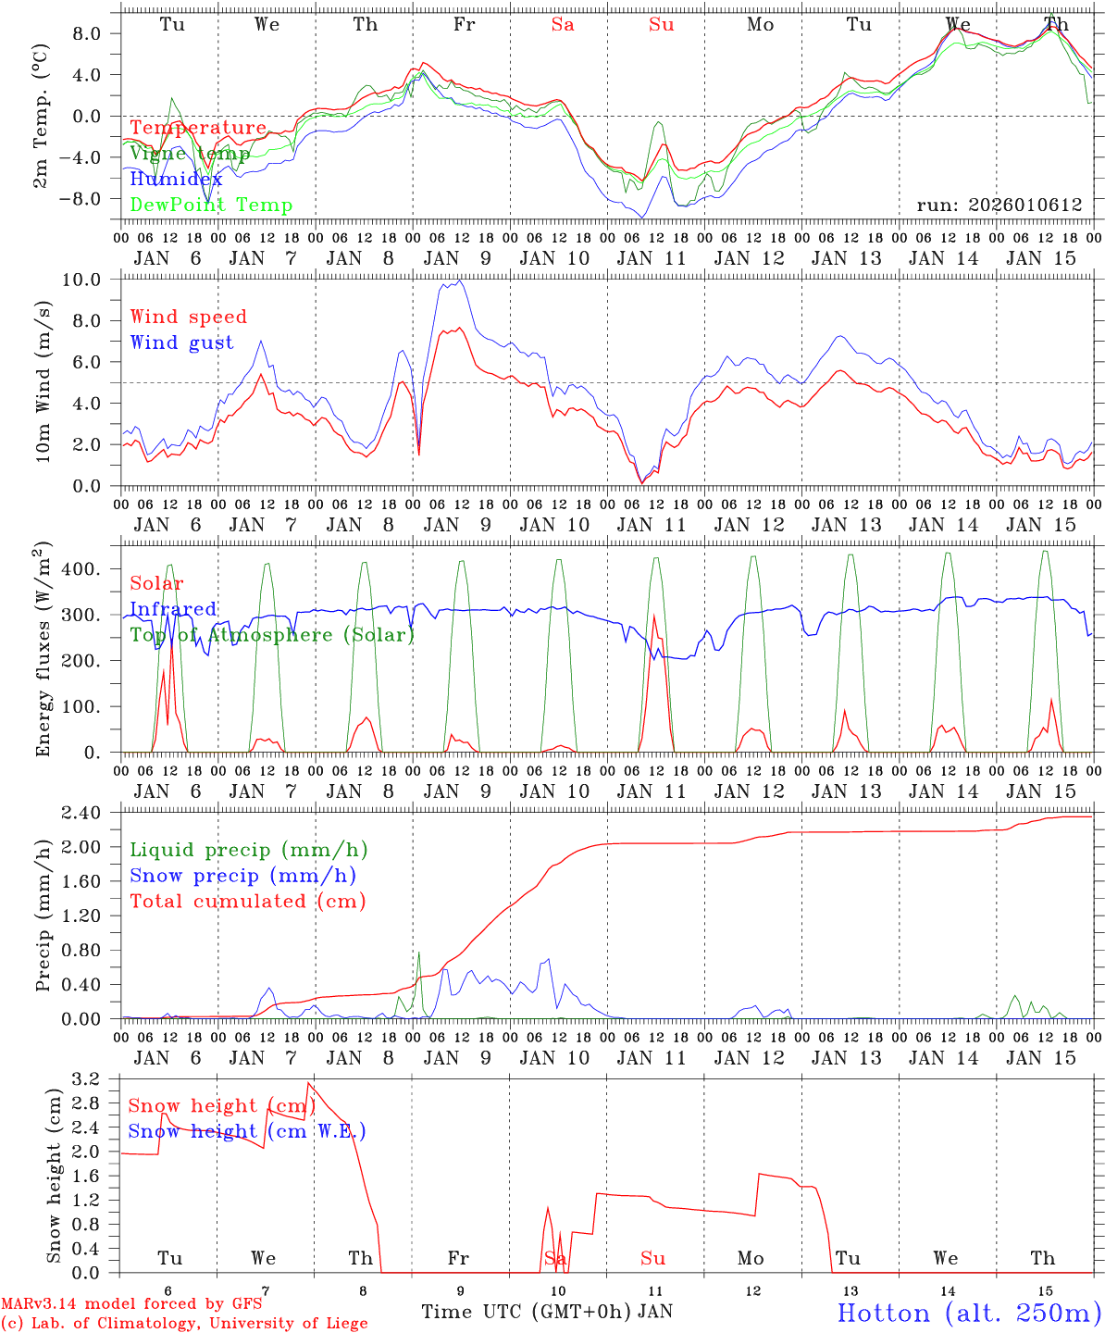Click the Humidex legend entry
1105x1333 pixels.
[176, 179]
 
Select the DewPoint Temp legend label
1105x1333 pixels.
[211, 205]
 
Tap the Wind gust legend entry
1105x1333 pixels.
[181, 343]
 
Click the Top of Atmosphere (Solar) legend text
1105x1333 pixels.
[272, 634]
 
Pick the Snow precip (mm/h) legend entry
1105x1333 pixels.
[242, 875]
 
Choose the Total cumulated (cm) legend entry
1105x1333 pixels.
[247, 901]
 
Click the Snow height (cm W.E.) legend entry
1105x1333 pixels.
[247, 1130]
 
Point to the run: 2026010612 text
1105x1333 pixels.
[999, 205]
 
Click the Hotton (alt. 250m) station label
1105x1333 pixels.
[969, 1312]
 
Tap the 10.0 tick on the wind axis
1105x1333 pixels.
[93, 280]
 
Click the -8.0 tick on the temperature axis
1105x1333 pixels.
[93, 198]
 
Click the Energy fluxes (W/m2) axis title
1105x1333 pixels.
[43, 652]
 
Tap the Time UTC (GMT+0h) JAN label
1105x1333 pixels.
[546, 1312]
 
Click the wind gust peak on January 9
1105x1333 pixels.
[459, 280]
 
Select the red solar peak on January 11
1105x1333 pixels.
[654, 614]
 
